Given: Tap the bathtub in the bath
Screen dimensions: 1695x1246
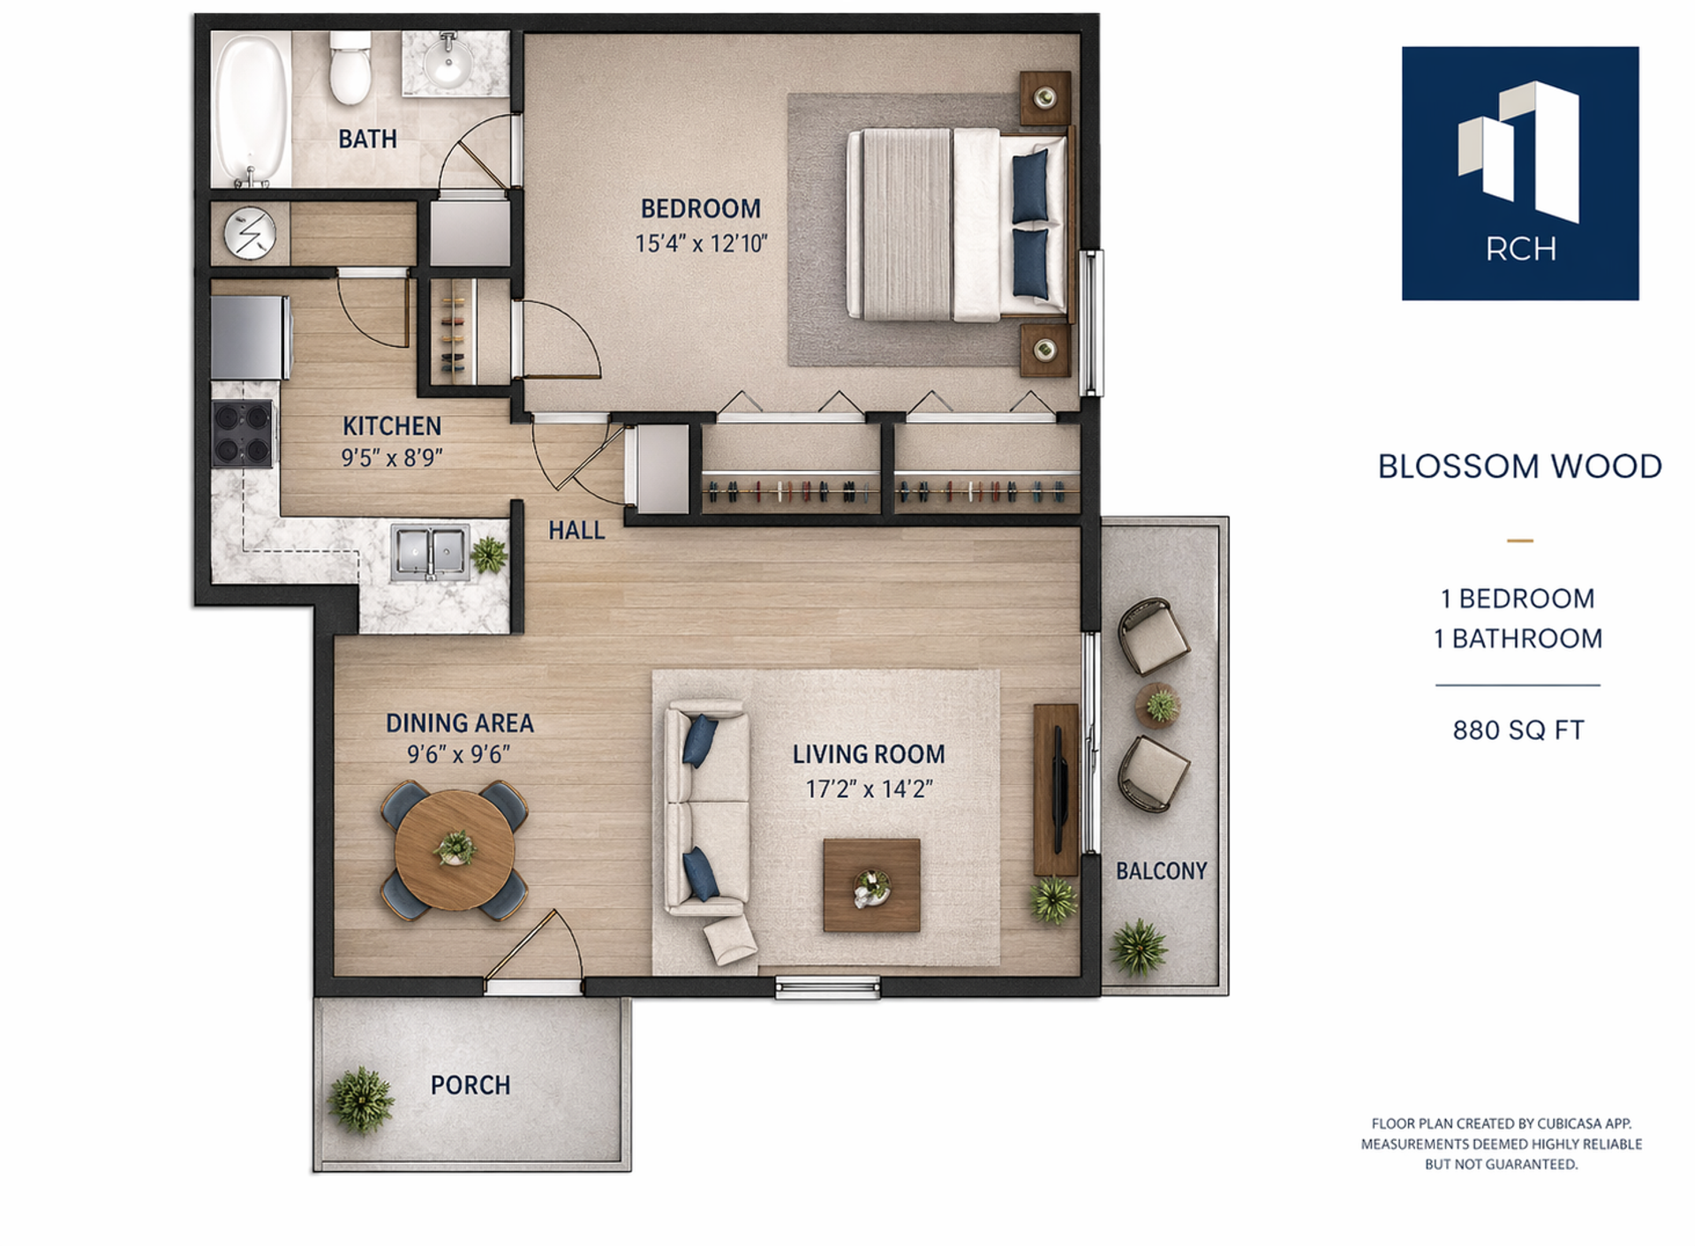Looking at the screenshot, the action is (252, 109).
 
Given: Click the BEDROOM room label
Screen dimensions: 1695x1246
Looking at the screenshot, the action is (700, 208).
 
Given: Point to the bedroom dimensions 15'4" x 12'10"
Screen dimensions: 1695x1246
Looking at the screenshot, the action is (701, 243).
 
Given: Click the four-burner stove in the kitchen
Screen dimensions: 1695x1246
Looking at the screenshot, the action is (242, 434).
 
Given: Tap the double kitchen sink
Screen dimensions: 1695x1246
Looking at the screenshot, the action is (430, 553).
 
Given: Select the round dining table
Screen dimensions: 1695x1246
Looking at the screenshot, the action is (455, 850).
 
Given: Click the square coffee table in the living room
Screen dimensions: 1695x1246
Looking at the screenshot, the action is (871, 885).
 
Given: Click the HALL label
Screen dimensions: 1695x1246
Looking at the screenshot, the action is (576, 530).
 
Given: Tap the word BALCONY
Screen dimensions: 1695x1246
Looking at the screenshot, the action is (1161, 871).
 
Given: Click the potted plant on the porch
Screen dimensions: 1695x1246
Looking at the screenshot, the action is (360, 1099).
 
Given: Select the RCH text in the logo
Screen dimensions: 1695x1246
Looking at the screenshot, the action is (1520, 249).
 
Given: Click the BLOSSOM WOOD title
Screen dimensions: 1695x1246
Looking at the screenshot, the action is (1519, 466).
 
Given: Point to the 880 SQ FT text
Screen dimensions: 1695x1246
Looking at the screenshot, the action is (1518, 730).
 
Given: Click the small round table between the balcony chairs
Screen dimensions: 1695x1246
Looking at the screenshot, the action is (1158, 705).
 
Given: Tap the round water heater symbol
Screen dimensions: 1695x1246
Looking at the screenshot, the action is (250, 234).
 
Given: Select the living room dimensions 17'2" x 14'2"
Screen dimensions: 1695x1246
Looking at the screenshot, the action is (869, 789).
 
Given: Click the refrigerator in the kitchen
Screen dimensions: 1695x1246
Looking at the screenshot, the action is (251, 337).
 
